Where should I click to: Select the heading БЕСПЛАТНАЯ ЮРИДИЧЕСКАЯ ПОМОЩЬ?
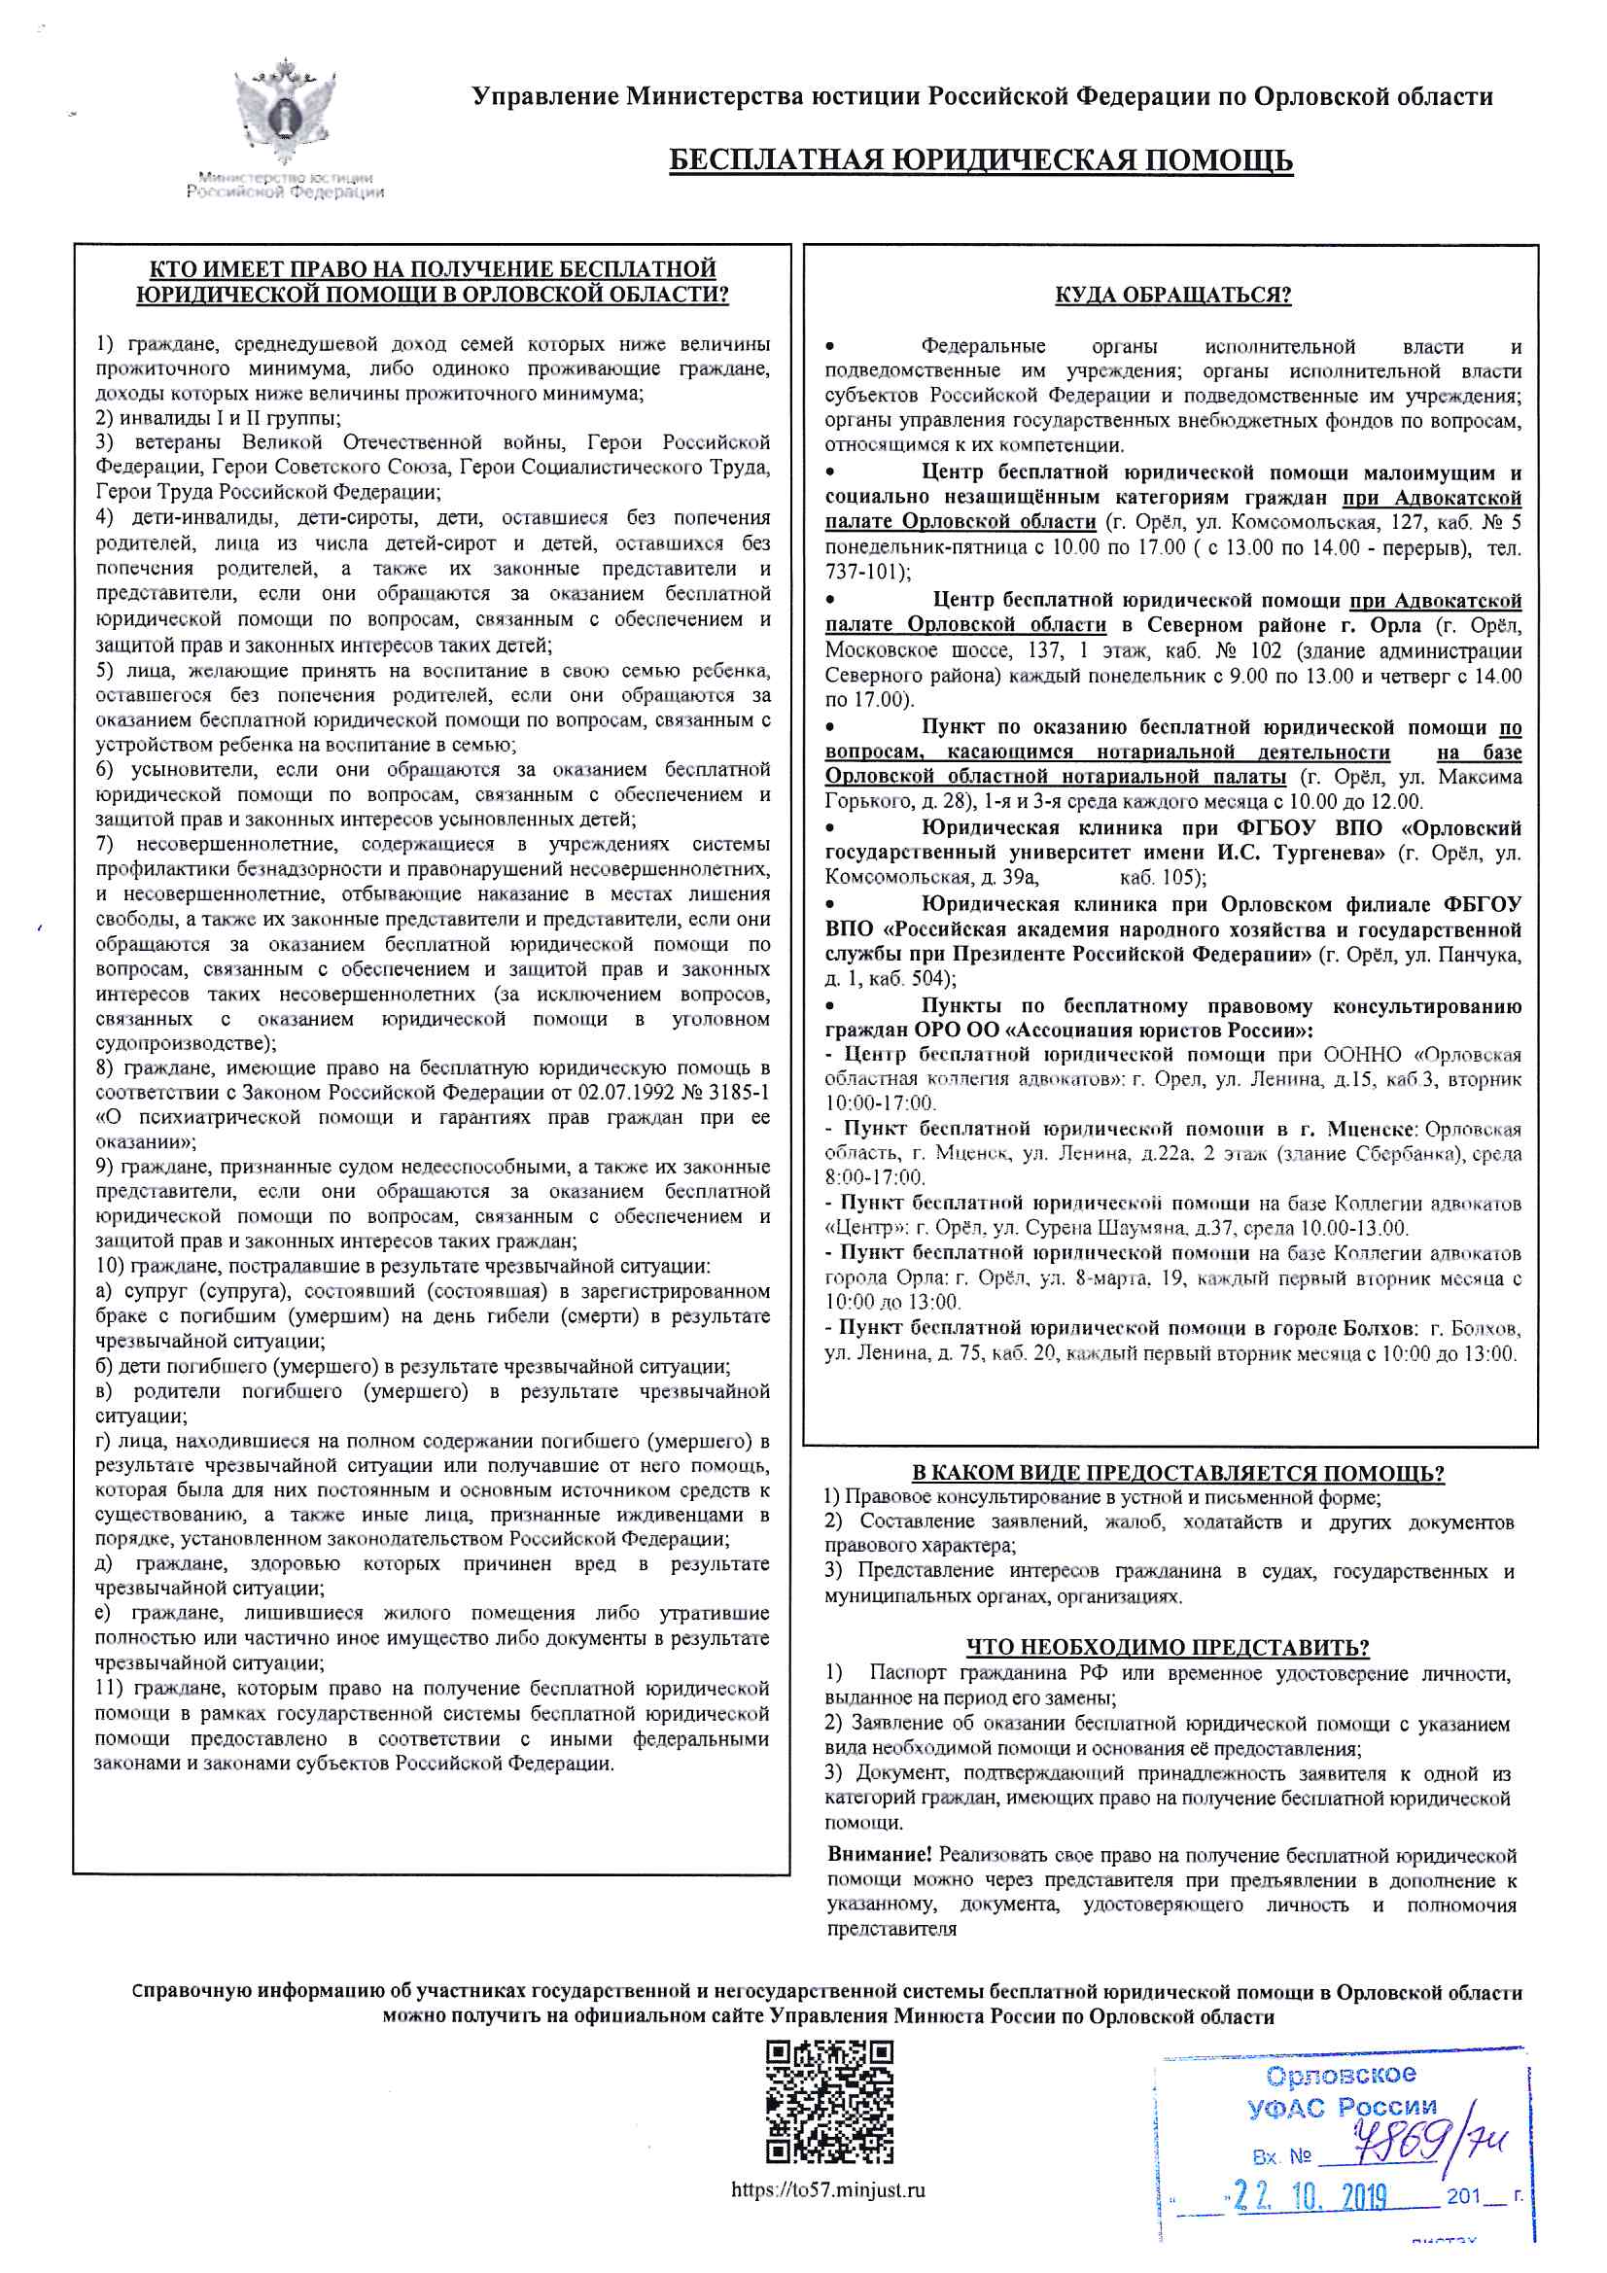coord(980,160)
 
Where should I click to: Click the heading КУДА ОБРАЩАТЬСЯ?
coord(1172,295)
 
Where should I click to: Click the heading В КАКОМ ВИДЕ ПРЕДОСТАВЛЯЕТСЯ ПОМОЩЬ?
coord(1177,1473)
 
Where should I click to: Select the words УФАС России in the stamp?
coord(1341,2108)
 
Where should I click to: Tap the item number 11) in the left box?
coord(110,1689)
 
